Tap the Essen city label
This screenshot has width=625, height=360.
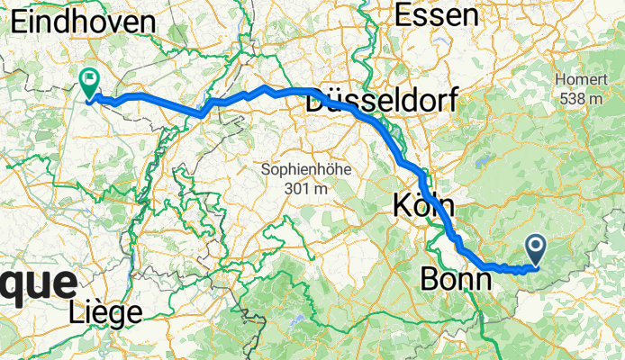tap(436, 15)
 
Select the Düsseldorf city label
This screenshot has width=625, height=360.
tap(382, 100)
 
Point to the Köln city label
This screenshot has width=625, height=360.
tap(427, 206)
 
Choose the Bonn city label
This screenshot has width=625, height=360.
tap(457, 279)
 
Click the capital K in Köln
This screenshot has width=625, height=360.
tap(403, 206)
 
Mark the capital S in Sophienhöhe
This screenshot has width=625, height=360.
tap(265, 169)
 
